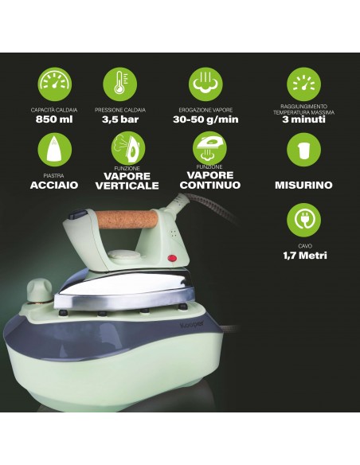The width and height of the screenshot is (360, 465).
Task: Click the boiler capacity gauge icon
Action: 55,84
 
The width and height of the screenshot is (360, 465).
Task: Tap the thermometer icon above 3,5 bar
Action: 119,84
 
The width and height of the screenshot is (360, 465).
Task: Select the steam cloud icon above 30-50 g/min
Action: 205,84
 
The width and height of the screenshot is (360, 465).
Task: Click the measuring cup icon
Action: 303,150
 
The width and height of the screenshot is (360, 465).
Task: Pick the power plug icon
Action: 303,220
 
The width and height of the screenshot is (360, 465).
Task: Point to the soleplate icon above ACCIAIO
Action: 55,150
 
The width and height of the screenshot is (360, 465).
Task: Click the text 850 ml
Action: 54,119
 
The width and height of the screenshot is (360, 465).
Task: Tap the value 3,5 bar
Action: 120,119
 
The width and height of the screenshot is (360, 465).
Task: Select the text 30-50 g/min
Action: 205,119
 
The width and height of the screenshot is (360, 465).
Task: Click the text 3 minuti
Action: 303,119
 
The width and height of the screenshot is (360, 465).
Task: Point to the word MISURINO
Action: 303,185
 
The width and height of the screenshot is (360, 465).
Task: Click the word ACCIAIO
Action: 54,185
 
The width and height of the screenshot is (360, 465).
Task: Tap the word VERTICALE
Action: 127,186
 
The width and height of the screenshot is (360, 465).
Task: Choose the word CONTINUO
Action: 210,185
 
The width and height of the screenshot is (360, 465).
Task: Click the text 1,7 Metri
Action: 305,256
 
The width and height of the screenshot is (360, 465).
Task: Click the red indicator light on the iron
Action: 172,258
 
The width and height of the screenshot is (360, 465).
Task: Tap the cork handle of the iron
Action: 127,219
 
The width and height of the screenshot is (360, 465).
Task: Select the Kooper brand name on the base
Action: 192,324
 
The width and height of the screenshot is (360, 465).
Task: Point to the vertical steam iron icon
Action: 127,149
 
